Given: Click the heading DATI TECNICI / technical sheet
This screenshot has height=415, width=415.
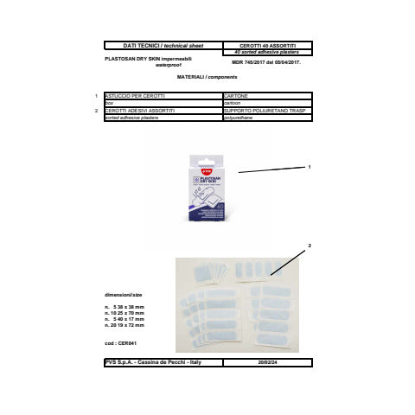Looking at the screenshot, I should (161, 44).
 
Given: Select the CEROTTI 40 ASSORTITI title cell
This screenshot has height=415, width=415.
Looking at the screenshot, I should (266, 44).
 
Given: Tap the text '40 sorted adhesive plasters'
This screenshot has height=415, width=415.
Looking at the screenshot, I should (266, 51).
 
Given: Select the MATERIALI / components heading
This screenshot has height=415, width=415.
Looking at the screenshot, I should (206, 77).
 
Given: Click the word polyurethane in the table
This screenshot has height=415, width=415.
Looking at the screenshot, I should (237, 118).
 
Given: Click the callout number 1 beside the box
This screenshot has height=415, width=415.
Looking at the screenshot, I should (309, 165).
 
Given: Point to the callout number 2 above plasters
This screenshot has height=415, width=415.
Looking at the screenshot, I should (309, 246).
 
